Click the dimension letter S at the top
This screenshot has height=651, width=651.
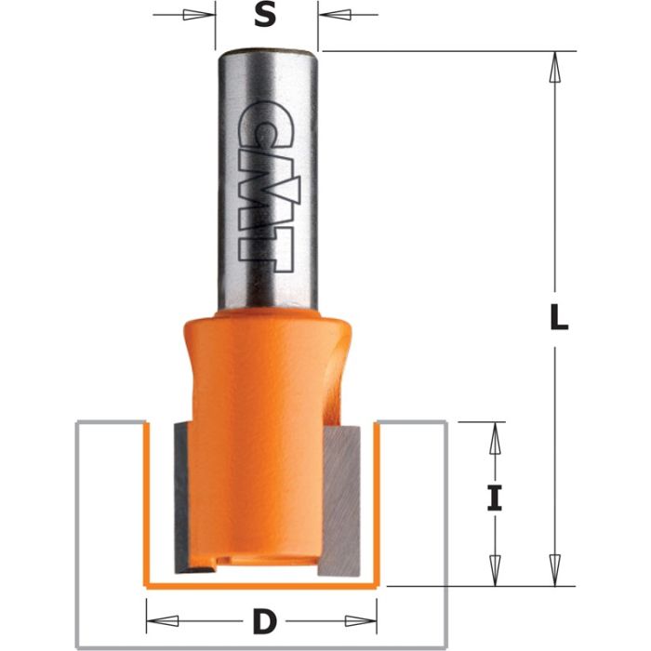(266, 17)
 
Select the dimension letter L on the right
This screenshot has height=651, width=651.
(556, 319)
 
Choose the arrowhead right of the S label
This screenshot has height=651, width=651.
(336, 16)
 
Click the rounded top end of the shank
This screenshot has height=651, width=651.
(266, 52)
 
